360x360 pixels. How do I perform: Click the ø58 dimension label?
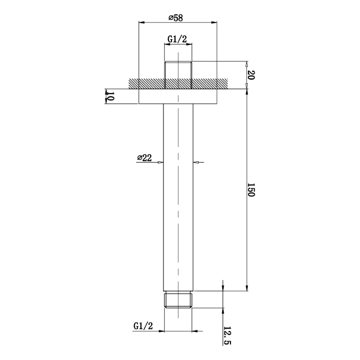(175, 18)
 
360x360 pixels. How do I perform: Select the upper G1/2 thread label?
(177, 39)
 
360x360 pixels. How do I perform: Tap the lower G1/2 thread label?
(143, 326)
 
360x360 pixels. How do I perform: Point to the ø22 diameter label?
(144, 158)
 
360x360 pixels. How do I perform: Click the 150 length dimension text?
(251, 189)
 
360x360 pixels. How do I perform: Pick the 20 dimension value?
(251, 75)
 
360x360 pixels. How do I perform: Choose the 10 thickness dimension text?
(110, 96)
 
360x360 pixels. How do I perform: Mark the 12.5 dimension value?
(227, 336)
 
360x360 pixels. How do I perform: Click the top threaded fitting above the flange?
(178, 75)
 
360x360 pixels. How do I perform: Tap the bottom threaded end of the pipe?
(178, 300)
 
